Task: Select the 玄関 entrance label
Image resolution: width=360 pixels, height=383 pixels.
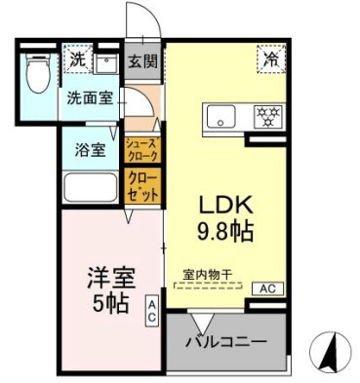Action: (142, 61)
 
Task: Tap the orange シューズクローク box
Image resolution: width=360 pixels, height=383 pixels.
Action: (142, 150)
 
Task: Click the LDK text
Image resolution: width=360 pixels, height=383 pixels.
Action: (226, 207)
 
